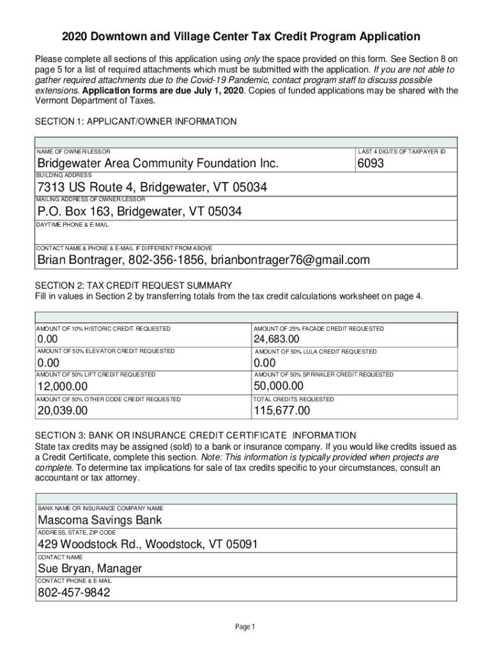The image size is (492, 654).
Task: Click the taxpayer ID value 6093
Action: (x=371, y=164)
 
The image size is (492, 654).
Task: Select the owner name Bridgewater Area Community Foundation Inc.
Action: (x=158, y=164)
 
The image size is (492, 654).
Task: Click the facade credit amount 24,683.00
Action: (x=276, y=339)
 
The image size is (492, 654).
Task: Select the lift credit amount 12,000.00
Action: (x=62, y=387)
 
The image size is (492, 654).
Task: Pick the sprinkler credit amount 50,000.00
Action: (x=278, y=386)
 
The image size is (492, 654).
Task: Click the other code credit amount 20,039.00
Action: (x=62, y=411)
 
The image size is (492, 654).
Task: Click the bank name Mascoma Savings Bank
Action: (x=100, y=520)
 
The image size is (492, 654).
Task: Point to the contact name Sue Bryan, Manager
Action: (x=89, y=568)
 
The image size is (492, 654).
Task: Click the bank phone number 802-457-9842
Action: (x=73, y=593)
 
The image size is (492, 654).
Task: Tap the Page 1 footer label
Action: (x=245, y=627)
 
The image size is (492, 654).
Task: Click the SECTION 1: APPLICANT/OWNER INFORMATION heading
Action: (x=135, y=121)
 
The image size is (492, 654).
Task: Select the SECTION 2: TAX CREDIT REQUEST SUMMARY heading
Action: (x=133, y=285)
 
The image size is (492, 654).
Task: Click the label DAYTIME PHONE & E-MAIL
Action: (x=72, y=225)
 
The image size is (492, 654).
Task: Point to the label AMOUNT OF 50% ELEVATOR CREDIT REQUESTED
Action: (x=105, y=351)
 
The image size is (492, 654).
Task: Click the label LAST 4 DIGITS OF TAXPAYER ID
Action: (x=401, y=152)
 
